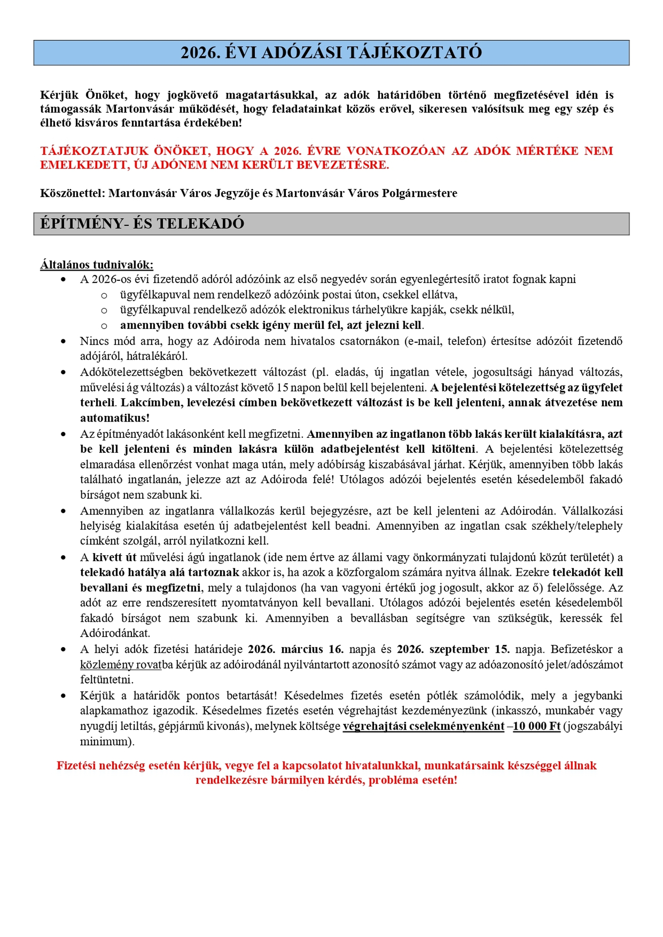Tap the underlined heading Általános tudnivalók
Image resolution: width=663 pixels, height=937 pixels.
pyautogui.click(x=97, y=265)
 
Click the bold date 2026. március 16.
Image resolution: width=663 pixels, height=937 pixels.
pyautogui.click(x=295, y=649)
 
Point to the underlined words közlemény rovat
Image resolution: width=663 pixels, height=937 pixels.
pyautogui.click(x=120, y=664)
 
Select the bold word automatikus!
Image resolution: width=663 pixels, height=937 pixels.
pyautogui.click(x=115, y=418)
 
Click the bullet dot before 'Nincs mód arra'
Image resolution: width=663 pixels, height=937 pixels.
pyautogui.click(x=63, y=341)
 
